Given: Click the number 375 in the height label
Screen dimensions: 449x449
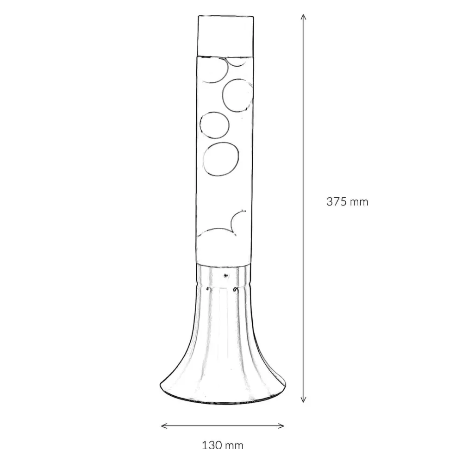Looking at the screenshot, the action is [x=337, y=202].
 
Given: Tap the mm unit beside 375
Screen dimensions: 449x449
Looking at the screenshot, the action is [x=359, y=203].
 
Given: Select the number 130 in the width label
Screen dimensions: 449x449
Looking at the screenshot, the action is [x=212, y=445].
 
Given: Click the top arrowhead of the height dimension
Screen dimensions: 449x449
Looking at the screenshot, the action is [x=304, y=17].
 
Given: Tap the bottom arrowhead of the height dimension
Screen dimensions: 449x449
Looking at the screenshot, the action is [x=304, y=399].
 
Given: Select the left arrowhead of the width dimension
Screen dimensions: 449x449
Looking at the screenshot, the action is [x=164, y=426].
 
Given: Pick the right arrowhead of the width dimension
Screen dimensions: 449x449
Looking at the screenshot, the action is [x=281, y=426].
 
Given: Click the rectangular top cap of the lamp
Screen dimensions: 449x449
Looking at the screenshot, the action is [x=225, y=36].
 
